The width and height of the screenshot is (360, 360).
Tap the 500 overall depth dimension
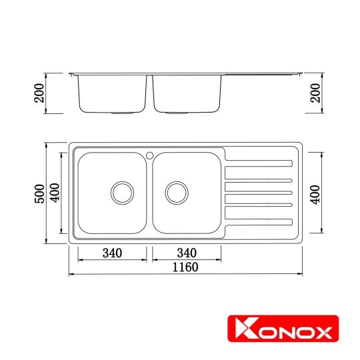tap(41, 193)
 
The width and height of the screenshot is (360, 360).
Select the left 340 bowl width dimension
tap(112, 253)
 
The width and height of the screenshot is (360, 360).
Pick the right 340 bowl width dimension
tap(187, 253)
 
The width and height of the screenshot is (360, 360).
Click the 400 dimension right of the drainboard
tap(317, 193)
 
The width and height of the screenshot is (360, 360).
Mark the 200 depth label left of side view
tap(41, 94)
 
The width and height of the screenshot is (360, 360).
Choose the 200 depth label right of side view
tap(317, 94)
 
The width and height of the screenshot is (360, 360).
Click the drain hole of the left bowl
tap(122, 192)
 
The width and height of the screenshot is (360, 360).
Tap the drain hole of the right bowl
tap(177, 192)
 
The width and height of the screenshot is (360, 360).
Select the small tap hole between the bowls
tap(149, 155)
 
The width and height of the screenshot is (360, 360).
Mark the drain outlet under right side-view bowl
tap(177, 113)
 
